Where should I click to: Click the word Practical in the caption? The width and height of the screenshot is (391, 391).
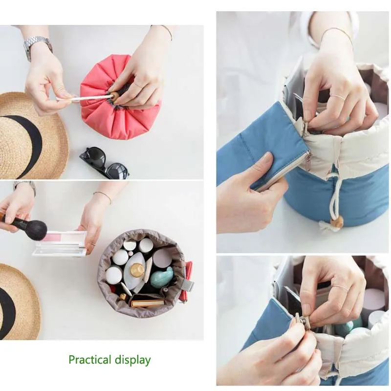[x=90, y=360]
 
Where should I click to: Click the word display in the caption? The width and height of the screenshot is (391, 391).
[x=132, y=360]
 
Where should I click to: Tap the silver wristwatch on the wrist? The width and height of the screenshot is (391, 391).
[x=38, y=46]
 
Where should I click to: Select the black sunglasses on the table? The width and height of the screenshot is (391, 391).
[x=105, y=163]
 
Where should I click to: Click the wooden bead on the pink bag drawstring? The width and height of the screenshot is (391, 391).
[x=115, y=97]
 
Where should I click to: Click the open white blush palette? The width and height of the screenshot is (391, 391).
[x=60, y=243]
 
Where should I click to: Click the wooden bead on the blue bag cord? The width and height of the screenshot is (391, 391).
[x=337, y=221]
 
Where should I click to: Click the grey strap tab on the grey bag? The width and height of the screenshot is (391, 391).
[x=188, y=285]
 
